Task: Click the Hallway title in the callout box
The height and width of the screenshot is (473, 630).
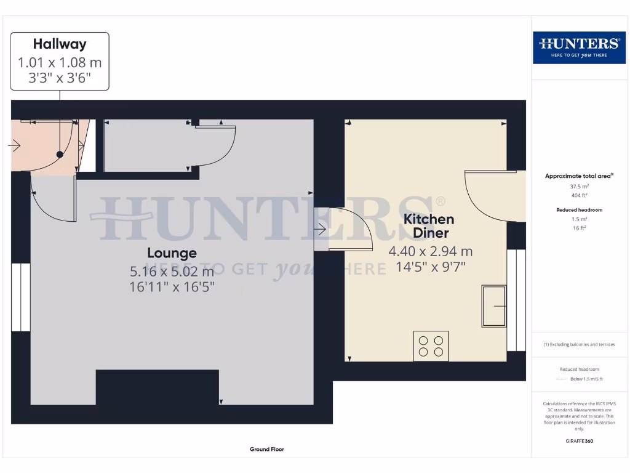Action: pos(60,44)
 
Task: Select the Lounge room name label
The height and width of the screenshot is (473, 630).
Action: pos(172,253)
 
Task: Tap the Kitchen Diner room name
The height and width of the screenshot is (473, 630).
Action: pos(429,225)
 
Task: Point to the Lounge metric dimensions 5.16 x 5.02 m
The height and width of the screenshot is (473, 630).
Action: pos(172,271)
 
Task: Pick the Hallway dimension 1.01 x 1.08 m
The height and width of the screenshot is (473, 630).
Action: pos(60,62)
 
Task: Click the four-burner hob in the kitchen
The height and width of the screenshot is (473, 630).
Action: pos(431,346)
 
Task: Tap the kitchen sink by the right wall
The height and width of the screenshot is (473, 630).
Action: pos(493,306)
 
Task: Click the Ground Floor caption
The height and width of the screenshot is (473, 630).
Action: pos(267,450)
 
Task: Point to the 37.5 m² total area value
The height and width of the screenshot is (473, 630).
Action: pos(578,186)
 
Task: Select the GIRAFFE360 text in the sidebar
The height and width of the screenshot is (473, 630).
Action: pos(578,441)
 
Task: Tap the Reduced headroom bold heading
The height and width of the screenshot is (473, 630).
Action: pos(579,210)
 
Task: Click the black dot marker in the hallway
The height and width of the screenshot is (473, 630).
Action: pos(60,155)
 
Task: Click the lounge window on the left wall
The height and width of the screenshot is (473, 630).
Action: pos(21,297)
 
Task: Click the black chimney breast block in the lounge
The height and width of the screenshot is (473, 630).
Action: pos(157,387)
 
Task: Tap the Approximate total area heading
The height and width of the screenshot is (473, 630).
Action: pos(578,176)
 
